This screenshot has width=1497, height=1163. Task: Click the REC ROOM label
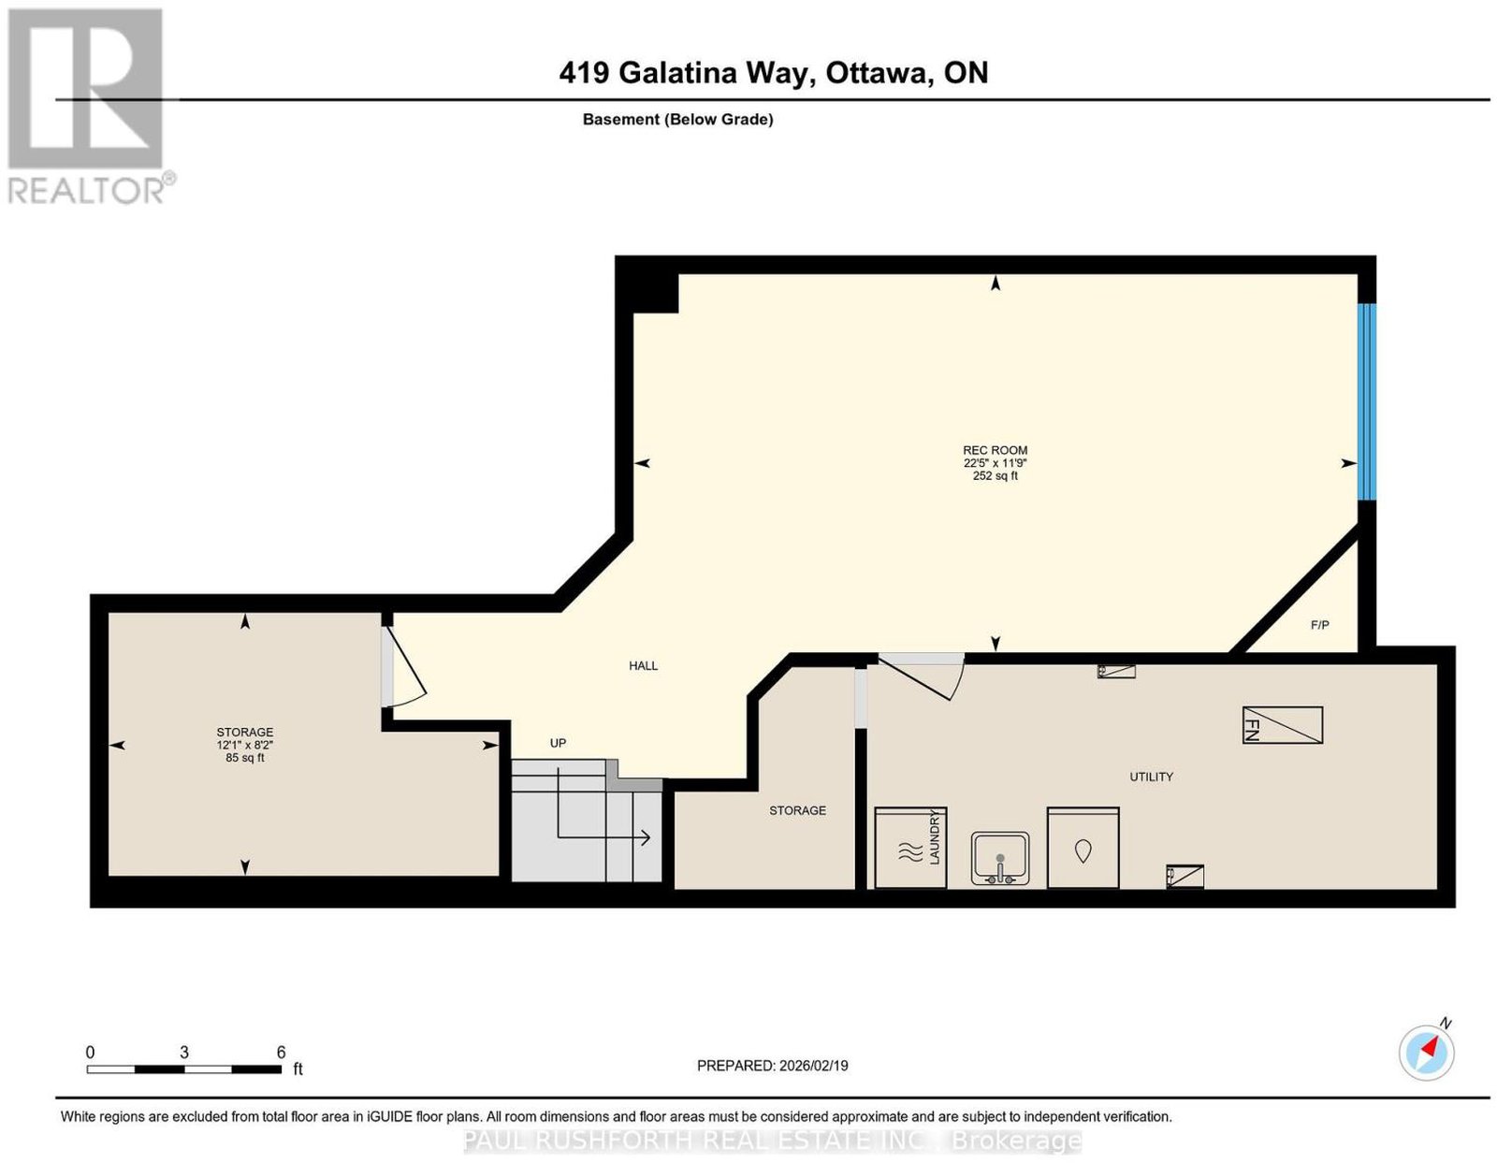click(x=994, y=450)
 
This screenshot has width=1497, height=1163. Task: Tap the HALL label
click(x=643, y=665)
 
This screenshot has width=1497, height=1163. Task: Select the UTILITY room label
click(x=1151, y=777)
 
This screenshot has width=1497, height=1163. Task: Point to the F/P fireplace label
click(x=1319, y=624)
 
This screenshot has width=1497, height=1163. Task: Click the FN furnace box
click(x=1282, y=724)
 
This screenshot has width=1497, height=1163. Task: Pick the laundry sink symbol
click(x=999, y=859)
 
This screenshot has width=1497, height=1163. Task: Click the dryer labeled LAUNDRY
click(x=910, y=848)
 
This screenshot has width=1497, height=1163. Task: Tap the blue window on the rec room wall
click(x=1366, y=401)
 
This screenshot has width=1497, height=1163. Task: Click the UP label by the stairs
click(x=558, y=743)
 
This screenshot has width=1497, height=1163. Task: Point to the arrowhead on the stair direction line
click(x=646, y=838)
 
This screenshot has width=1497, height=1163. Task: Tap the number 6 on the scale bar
click(x=281, y=1053)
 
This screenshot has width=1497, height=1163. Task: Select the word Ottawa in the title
click(x=877, y=72)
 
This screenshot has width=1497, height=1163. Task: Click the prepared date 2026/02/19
click(x=813, y=1066)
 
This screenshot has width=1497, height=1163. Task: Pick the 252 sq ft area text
click(x=995, y=476)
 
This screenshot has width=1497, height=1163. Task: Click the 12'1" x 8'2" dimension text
click(x=244, y=745)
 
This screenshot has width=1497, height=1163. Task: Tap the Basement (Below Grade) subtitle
click(x=678, y=119)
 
